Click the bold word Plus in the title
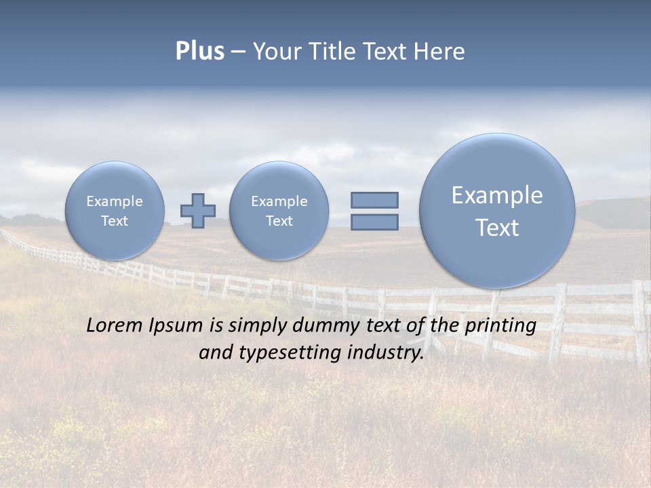(x=199, y=52)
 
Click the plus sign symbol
(x=198, y=211)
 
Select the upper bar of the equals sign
(x=374, y=200)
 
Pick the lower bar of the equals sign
(x=374, y=222)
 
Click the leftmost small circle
(x=115, y=211)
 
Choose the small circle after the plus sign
(x=279, y=211)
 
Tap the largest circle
(x=497, y=211)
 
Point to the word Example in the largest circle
(x=497, y=195)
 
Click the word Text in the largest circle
(x=497, y=228)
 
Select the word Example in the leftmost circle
(x=115, y=201)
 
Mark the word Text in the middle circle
(x=279, y=221)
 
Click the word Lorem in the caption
(x=115, y=325)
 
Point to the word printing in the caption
(x=500, y=325)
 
